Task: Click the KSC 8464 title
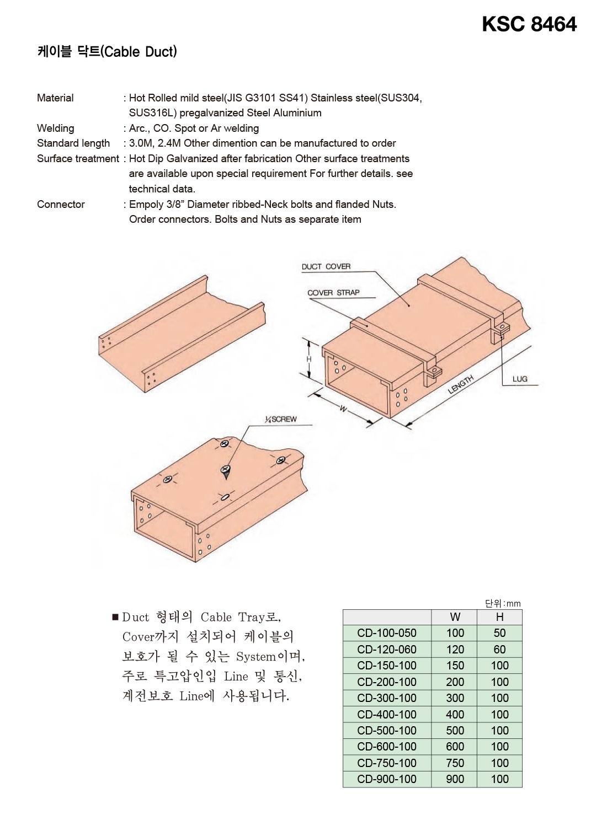coord(529,24)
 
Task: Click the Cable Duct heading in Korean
coord(107,52)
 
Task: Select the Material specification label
coord(55,98)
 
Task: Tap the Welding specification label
coord(55,128)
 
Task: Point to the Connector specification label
coord(61,205)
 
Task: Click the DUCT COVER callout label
coord(326,267)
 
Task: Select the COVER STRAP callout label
coord(333,293)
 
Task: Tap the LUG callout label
coord(520,379)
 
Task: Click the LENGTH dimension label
coord(461,384)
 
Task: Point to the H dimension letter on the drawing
coord(309,360)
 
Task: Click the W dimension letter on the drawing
coord(343,409)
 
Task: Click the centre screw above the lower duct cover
coord(225,470)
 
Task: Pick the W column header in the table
coord(455,617)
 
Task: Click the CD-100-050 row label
coord(387,633)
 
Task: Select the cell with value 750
coord(455,763)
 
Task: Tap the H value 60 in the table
coord(499,650)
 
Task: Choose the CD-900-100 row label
coord(387,779)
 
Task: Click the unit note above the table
coord(503,604)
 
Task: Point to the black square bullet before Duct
coord(115,617)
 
